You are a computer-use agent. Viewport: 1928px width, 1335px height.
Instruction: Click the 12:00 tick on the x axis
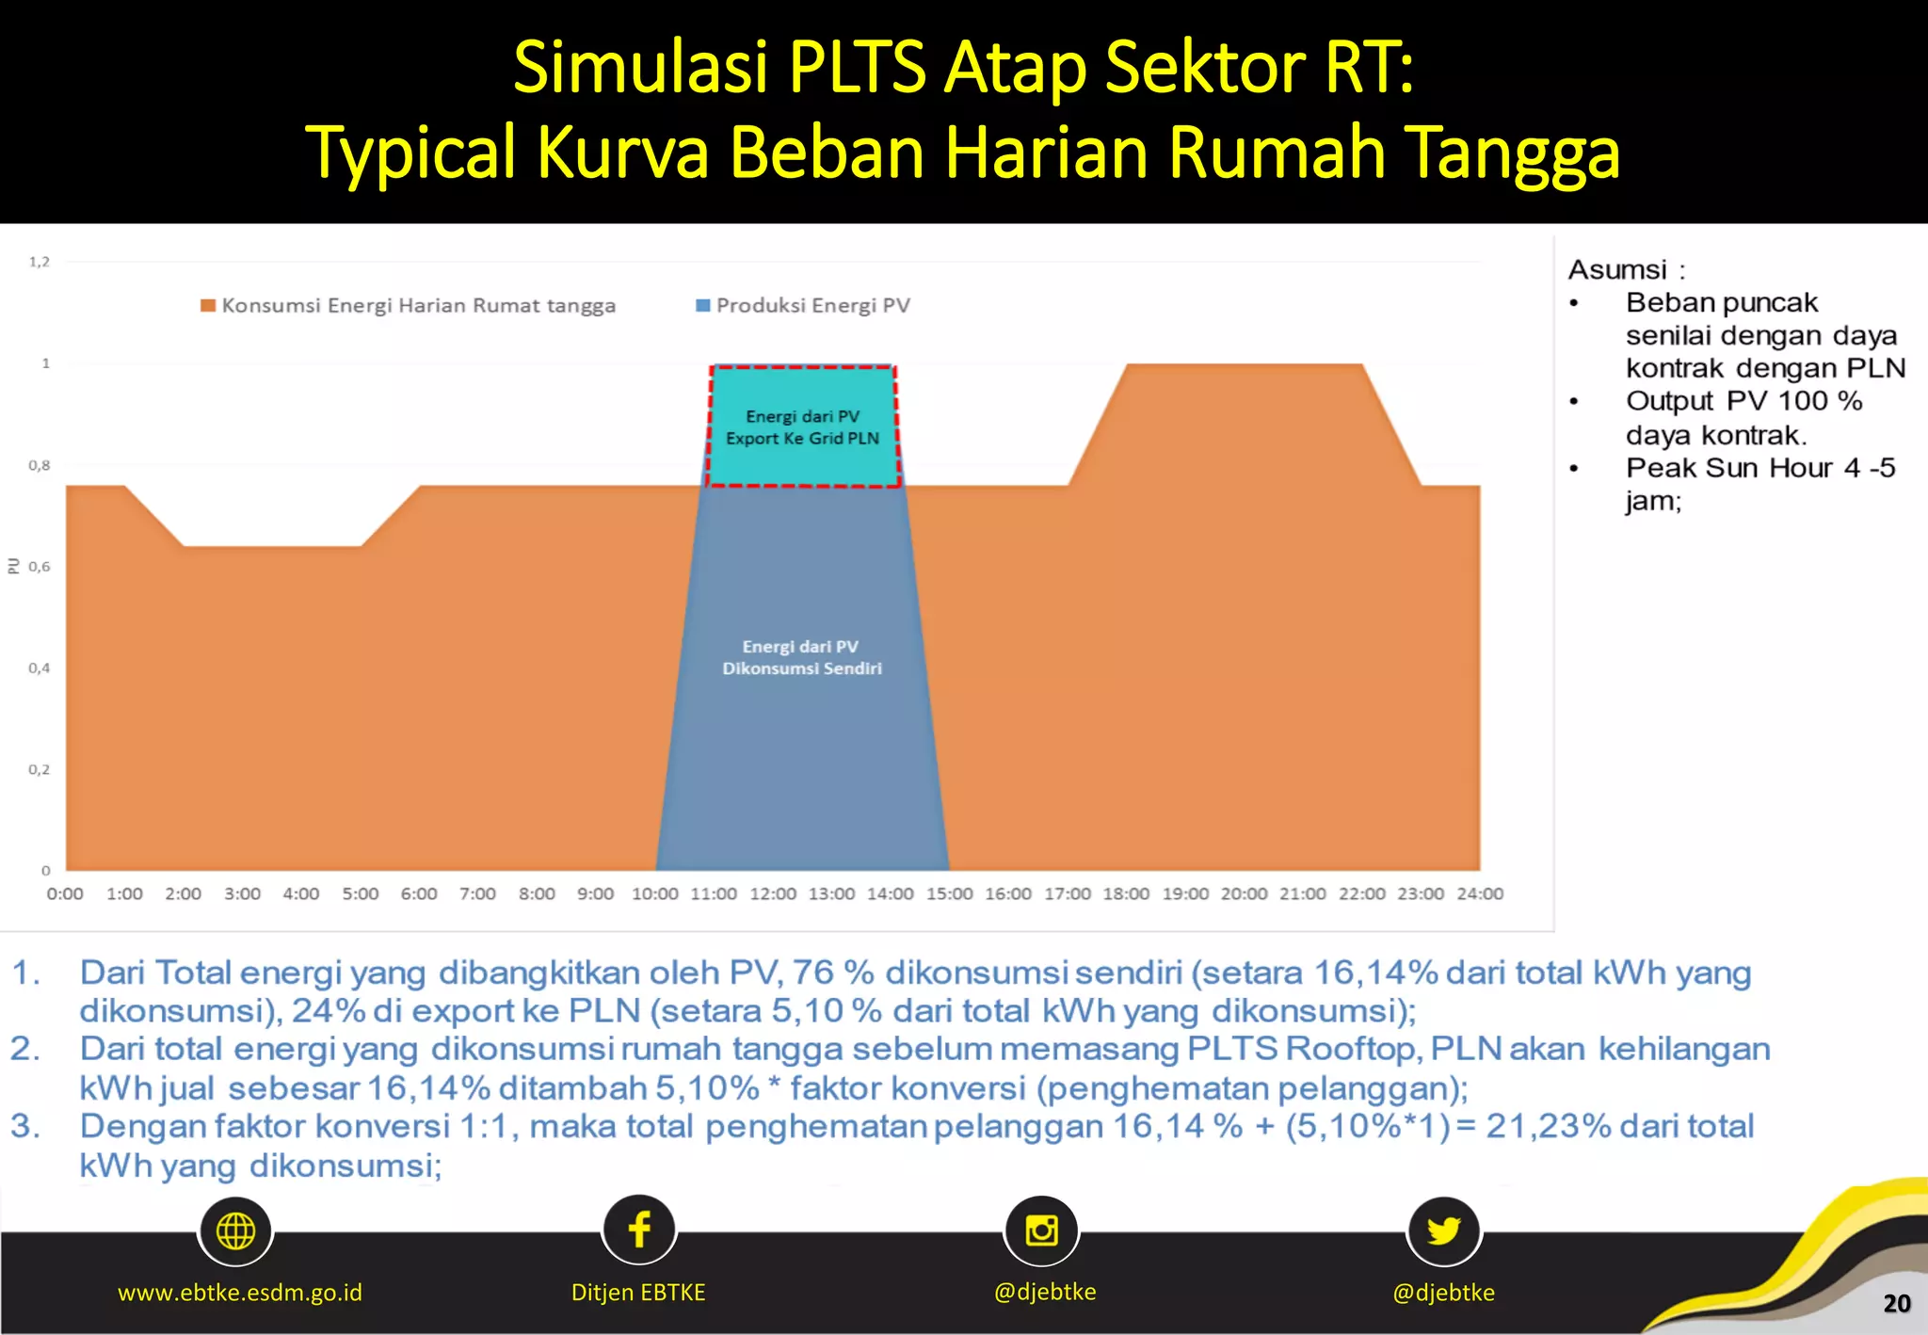pos(772,893)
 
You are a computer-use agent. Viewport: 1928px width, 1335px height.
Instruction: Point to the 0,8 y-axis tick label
pos(39,465)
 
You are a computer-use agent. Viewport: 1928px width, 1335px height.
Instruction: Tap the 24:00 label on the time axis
pos(1480,893)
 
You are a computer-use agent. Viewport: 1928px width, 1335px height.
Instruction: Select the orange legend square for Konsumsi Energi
pos(208,305)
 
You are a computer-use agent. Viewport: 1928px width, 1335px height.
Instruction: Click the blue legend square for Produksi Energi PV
pos(702,305)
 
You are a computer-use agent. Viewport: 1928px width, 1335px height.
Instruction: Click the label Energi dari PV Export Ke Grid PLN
pos(802,427)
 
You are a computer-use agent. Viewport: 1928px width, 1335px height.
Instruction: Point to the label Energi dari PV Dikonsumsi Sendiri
pos(802,657)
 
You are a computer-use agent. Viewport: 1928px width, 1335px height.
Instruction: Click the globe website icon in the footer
pos(235,1230)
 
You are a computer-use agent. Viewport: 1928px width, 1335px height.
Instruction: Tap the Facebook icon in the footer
pos(639,1230)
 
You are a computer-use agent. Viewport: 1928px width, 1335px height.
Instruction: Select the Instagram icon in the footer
pos(1041,1230)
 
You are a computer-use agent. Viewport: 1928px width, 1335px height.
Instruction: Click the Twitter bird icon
pos(1443,1230)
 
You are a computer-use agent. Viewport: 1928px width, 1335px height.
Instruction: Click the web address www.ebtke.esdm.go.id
pos(240,1293)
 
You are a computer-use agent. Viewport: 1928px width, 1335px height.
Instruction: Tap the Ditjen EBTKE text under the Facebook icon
pos(638,1293)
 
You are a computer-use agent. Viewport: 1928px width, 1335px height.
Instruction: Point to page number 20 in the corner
pos(1896,1303)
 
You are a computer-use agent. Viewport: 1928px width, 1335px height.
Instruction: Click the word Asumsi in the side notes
pos(1616,270)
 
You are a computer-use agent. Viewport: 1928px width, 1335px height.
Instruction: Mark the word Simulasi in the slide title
pos(640,68)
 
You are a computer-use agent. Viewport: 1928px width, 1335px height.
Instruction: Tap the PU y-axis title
pos(13,566)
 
